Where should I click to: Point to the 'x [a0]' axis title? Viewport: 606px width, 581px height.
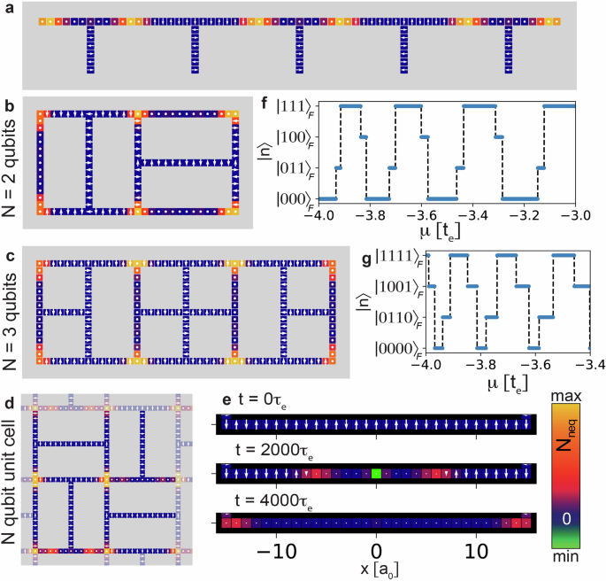click(376, 567)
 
